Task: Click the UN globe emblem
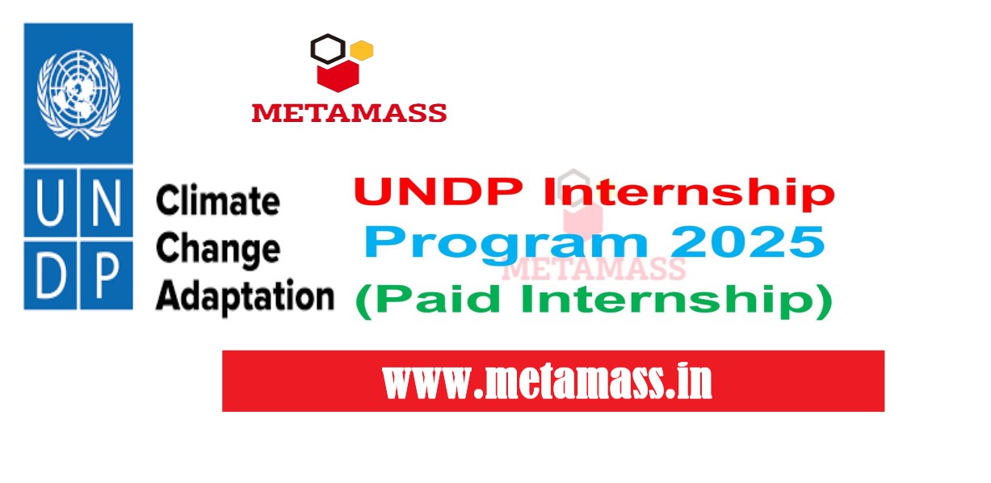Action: click(x=78, y=94)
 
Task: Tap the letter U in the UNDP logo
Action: click(x=50, y=203)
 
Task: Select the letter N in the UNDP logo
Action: click(x=106, y=203)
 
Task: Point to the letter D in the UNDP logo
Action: click(x=50, y=275)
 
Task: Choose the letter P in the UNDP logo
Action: click(x=107, y=275)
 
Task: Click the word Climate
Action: click(x=218, y=200)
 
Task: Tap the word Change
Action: click(x=218, y=250)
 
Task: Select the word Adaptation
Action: click(x=245, y=297)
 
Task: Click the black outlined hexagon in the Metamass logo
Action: click(x=328, y=48)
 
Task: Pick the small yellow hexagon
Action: click(x=362, y=50)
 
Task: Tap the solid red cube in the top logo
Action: click(x=338, y=76)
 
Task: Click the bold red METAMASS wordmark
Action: click(x=349, y=113)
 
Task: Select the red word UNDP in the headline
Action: click(x=439, y=191)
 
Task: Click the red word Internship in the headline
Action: click(x=689, y=193)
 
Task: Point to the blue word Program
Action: click(x=506, y=244)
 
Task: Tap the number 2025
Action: click(x=747, y=241)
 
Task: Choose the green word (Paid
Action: click(x=428, y=300)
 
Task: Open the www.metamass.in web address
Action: click(x=548, y=381)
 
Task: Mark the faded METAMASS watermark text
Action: click(x=594, y=268)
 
